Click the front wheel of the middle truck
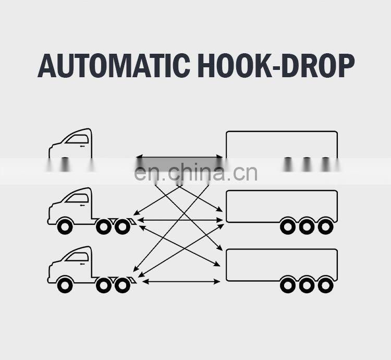(65, 226)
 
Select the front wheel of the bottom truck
(65, 285)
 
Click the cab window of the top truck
(77, 139)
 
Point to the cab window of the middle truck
(77, 198)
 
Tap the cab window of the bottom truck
(77, 257)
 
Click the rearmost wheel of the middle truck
(122, 226)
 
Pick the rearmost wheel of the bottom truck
(122, 285)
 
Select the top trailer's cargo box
(282, 144)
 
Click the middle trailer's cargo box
(282, 203)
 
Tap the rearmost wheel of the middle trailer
(325, 226)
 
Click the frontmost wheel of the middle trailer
(288, 226)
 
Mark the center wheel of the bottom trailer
(307, 285)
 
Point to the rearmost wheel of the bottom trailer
(325, 285)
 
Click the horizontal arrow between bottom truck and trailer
(181, 282)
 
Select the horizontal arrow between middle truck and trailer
(181, 220)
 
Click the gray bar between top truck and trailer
(180, 161)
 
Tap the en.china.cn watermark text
(195, 173)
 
